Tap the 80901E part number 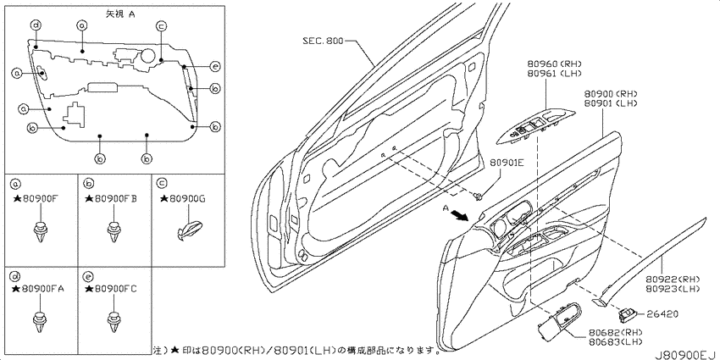click(507, 162)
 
